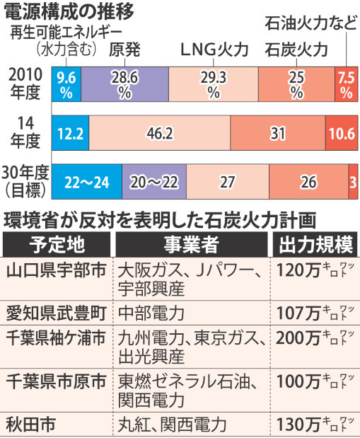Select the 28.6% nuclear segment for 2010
click(124, 85)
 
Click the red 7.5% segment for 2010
click(345, 85)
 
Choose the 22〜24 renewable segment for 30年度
click(87, 182)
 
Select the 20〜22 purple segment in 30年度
click(154, 182)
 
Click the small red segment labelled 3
click(352, 182)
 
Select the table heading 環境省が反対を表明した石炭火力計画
click(158, 218)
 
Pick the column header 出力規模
click(315, 245)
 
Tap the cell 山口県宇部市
click(56, 271)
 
